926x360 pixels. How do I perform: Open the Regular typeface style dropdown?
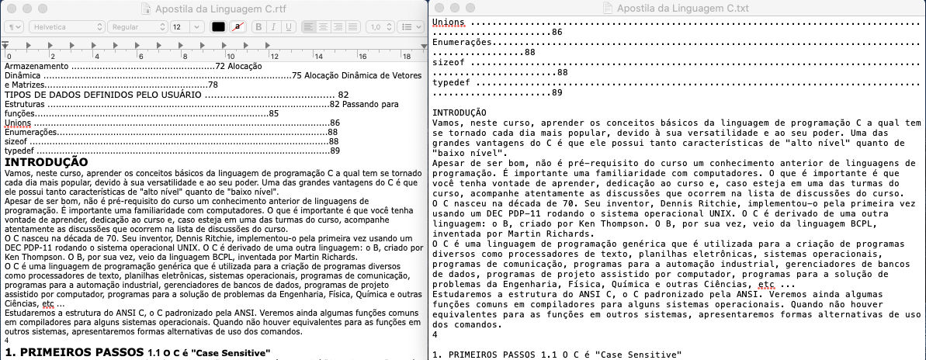[x=137, y=26]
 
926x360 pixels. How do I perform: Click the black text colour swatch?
[x=219, y=26]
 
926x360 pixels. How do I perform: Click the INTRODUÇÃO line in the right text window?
[x=459, y=113]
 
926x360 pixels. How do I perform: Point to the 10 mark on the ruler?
[x=231, y=56]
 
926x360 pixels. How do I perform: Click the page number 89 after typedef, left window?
[x=335, y=151]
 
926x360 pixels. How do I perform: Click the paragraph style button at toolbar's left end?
[x=14, y=26]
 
